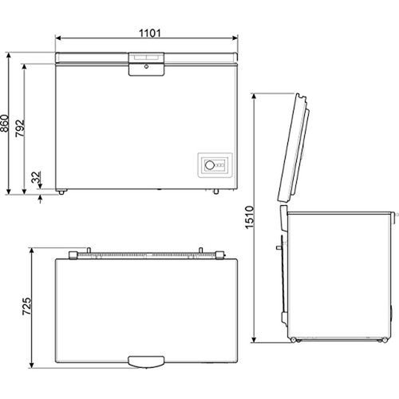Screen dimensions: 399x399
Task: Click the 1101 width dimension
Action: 150,33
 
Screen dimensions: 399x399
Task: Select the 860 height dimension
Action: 5,124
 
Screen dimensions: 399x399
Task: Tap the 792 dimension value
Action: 20,128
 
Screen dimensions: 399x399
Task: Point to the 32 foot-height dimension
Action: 36,177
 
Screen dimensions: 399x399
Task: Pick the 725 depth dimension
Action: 26,306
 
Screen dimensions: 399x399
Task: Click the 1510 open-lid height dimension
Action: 250,217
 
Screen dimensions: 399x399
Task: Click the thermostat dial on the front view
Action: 210,165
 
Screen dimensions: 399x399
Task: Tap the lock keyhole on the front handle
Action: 146,66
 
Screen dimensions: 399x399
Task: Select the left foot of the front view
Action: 61,192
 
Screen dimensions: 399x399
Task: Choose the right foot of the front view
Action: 215,192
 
